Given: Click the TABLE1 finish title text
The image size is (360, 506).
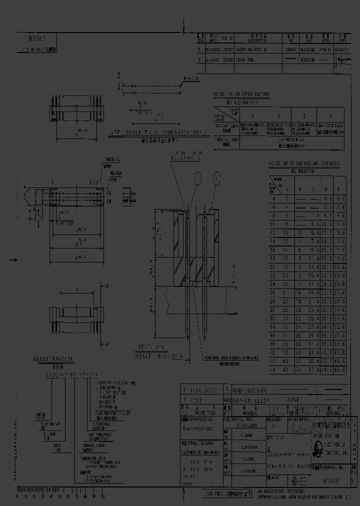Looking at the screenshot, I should pos(242,94).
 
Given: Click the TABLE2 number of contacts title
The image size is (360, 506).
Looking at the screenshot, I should pos(304,163).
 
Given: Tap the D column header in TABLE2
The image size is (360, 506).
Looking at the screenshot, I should pos(325,189).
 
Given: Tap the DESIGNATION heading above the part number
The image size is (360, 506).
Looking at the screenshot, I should pos(53,358).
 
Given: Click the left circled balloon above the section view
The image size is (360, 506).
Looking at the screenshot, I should pos(198,177).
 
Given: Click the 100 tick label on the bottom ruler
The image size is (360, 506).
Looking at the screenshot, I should pos(102,497).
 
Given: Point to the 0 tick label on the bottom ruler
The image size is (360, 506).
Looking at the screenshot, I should pos(18,497).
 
